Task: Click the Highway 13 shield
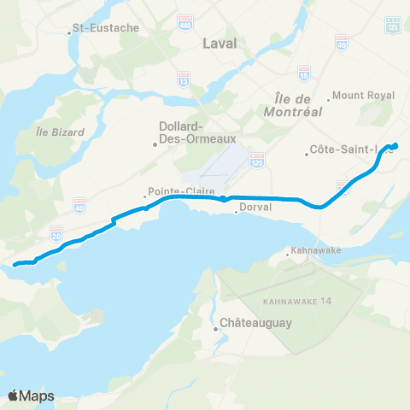click(184, 78)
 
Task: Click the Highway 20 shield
click(56, 231)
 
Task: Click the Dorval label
click(255, 207)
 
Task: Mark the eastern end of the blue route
click(395, 144)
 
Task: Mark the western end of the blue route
click(15, 264)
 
